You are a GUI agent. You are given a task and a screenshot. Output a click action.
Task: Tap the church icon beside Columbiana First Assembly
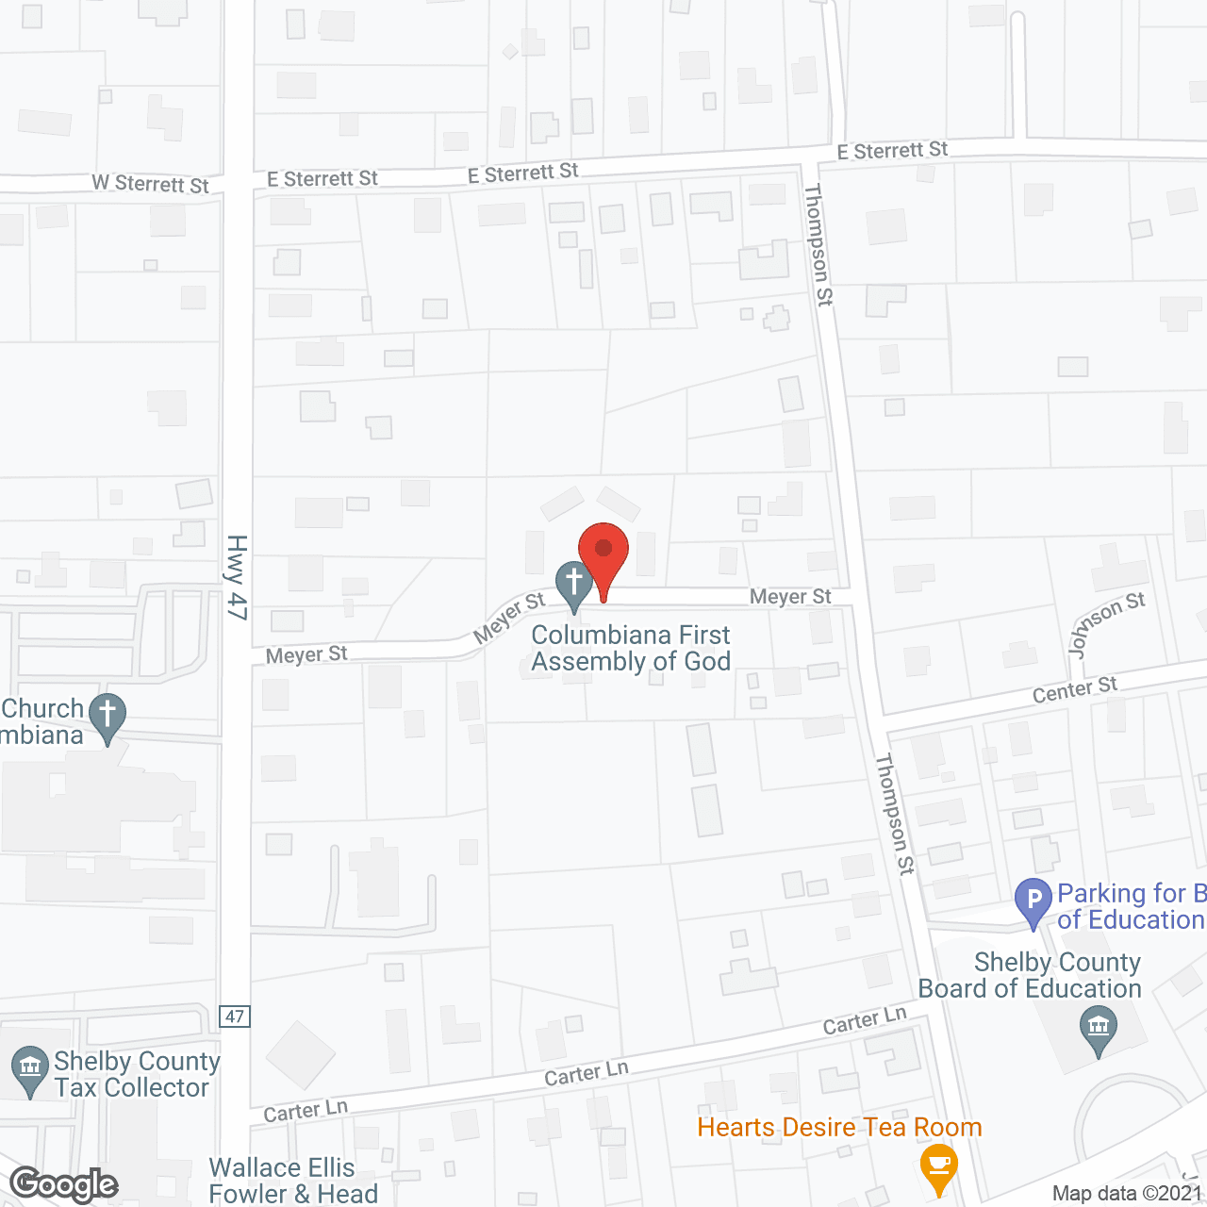(573, 584)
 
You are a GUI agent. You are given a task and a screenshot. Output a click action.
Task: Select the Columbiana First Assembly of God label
(631, 649)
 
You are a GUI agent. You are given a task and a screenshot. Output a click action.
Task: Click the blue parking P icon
(1033, 901)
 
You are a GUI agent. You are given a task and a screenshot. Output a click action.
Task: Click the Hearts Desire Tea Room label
(839, 1128)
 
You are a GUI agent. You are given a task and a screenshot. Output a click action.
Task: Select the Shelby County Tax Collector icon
(29, 1070)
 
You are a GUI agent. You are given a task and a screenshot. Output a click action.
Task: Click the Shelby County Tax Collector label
(137, 1075)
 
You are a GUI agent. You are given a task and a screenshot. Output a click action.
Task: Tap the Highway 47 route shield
(235, 1017)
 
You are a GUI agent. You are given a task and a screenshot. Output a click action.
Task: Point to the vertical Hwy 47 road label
(237, 577)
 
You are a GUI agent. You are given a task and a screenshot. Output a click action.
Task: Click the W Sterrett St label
(150, 184)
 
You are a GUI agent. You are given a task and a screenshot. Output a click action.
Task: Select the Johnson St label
(1106, 624)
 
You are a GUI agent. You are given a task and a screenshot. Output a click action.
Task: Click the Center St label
(1074, 690)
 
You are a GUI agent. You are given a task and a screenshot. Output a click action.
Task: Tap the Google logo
(64, 1184)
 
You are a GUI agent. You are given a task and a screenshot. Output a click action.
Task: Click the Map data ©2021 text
(1127, 1194)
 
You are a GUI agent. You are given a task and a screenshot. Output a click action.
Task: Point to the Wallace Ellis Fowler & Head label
(293, 1181)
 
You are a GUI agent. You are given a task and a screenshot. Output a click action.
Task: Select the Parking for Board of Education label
(1131, 906)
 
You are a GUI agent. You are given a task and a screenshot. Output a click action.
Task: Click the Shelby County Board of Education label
(1030, 975)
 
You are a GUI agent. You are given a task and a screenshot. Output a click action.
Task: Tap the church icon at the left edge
(108, 718)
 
